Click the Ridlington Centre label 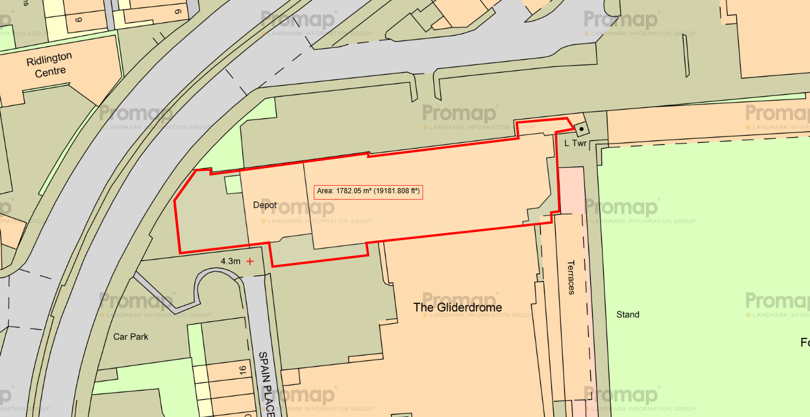pyautogui.click(x=49, y=64)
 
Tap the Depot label pyautogui.click(x=264, y=206)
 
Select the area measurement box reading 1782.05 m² pyautogui.click(x=368, y=192)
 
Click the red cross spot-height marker pyautogui.click(x=250, y=261)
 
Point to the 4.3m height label pyautogui.click(x=230, y=261)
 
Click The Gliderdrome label pyautogui.click(x=457, y=307)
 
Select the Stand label pyautogui.click(x=628, y=315)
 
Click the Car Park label pyautogui.click(x=131, y=337)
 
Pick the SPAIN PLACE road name pyautogui.click(x=267, y=384)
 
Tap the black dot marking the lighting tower pyautogui.click(x=581, y=128)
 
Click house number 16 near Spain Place pyautogui.click(x=242, y=370)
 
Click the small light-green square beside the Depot pyautogui.click(x=233, y=184)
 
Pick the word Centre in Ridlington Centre pyautogui.click(x=50, y=71)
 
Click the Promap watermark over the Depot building pyautogui.click(x=299, y=209)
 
